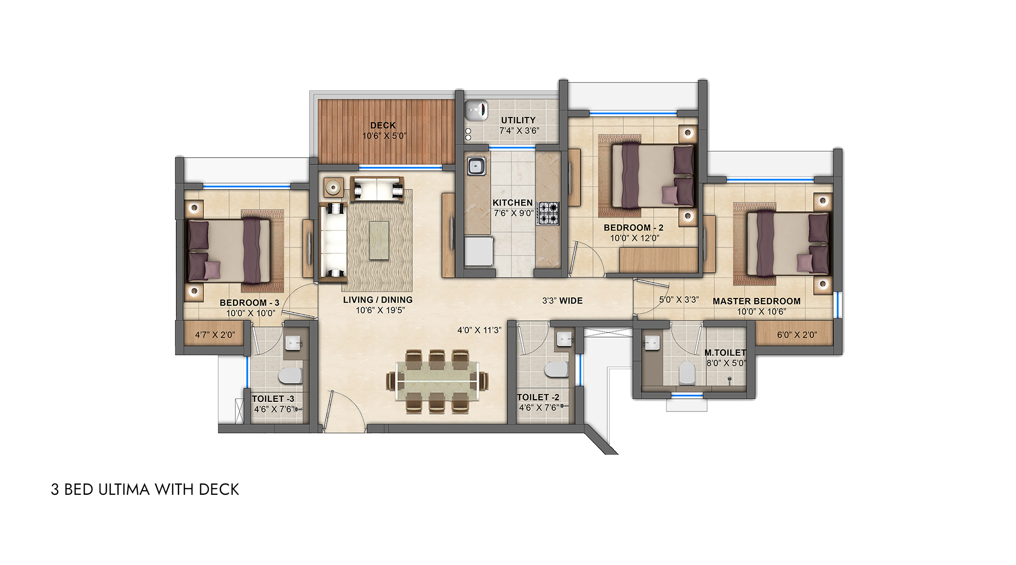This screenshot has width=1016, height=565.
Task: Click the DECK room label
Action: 383,125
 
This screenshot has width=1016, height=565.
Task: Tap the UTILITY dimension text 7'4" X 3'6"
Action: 519,131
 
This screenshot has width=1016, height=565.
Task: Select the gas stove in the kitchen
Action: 549,214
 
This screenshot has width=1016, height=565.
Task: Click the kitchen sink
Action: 476,166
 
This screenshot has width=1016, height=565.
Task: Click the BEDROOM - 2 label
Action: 633,227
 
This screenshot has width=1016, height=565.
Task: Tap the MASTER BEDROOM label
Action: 756,301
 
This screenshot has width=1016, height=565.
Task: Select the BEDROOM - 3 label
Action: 249,303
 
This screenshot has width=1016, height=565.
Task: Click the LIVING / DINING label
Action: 377,300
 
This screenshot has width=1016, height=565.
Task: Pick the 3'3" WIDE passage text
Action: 562,301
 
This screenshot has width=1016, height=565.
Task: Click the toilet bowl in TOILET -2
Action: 556,370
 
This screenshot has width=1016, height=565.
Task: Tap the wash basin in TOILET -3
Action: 293,343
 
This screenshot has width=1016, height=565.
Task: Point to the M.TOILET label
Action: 725,352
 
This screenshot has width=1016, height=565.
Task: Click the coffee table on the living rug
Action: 380,240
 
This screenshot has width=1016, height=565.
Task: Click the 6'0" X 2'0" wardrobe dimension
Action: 797,335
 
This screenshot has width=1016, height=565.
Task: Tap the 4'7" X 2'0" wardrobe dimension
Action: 215,335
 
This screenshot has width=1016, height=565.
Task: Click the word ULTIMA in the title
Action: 124,489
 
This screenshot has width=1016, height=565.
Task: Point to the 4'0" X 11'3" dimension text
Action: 479,330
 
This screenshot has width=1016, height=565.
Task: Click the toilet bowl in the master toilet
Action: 687,373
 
